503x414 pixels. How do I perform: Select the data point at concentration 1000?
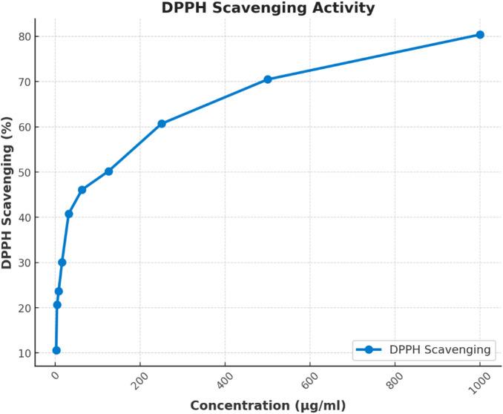click(480, 35)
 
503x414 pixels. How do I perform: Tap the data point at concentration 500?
click(268, 79)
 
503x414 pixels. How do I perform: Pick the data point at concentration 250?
click(162, 124)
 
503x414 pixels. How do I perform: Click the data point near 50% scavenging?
click(108, 171)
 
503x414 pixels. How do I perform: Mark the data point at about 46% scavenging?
click(82, 190)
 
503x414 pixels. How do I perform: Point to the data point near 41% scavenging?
click(69, 214)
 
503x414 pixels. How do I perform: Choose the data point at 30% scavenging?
click(62, 262)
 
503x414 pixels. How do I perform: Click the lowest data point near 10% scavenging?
click(56, 350)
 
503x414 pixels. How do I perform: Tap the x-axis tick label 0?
click(55, 375)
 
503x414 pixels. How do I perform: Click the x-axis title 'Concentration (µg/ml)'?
click(268, 405)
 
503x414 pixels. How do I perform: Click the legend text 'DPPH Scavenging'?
click(441, 349)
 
